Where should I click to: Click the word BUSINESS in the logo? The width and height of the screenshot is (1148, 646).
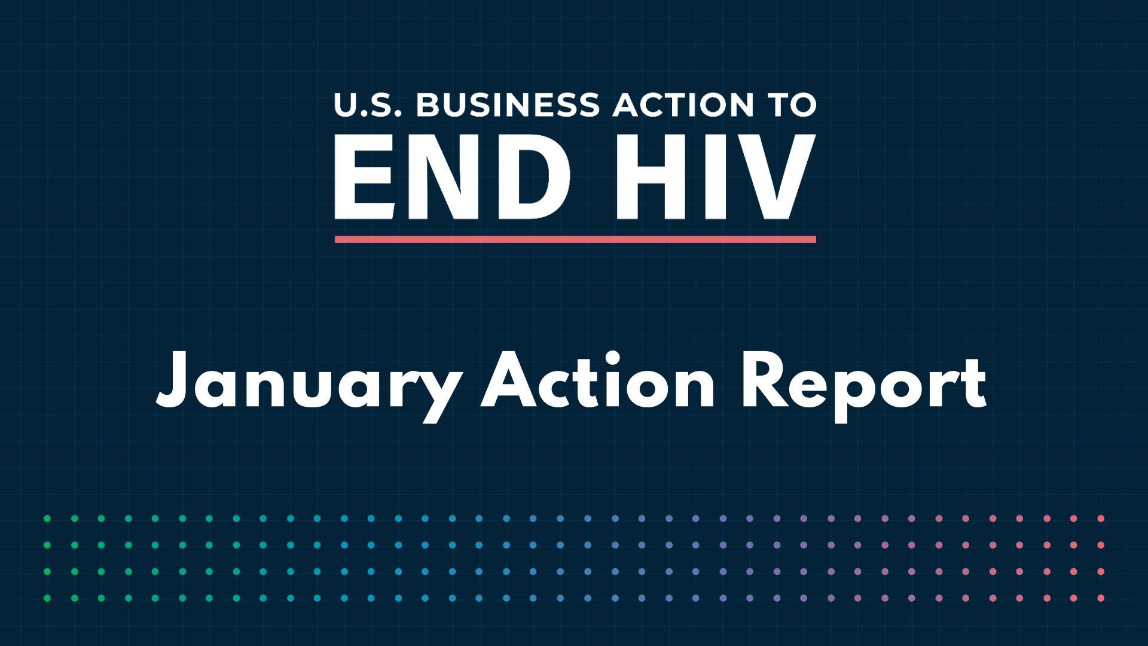click(x=507, y=105)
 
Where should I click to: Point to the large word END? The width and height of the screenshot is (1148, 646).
click(x=451, y=177)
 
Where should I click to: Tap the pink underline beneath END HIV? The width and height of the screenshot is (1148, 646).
click(x=575, y=239)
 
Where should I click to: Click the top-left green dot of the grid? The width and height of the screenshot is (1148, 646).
click(x=47, y=519)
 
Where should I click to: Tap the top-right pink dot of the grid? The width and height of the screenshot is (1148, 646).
click(x=1101, y=519)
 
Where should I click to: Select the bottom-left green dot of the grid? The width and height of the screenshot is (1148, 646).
click(x=47, y=598)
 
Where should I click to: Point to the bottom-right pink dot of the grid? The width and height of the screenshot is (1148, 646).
click(x=1101, y=598)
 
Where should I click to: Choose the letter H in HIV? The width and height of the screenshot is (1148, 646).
click(x=648, y=178)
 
